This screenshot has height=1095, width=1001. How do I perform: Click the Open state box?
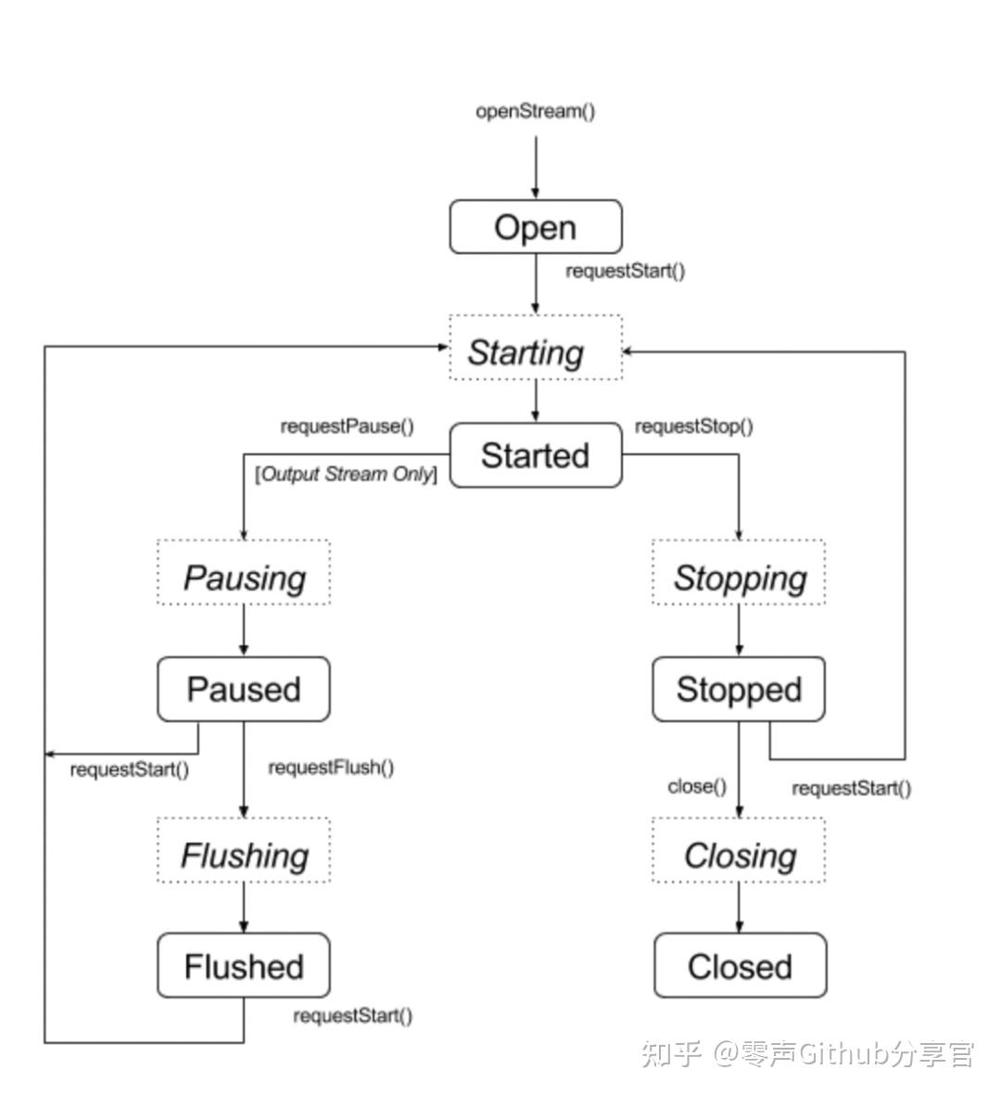click(535, 227)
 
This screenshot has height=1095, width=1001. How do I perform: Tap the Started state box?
click(535, 455)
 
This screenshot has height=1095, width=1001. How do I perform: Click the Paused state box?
click(244, 690)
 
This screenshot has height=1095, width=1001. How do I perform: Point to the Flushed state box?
click(244, 966)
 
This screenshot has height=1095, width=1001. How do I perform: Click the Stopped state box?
click(739, 690)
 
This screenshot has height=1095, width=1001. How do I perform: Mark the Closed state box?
click(740, 966)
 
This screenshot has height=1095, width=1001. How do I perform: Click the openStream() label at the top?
click(535, 111)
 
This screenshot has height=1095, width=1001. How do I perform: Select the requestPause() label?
click(347, 427)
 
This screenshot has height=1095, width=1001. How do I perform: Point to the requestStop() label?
click(693, 427)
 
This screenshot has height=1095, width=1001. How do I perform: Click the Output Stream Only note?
click(346, 474)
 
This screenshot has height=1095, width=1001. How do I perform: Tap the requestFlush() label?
click(331, 768)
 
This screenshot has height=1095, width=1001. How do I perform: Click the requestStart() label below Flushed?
click(352, 1015)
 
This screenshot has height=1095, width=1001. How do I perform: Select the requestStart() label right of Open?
click(625, 272)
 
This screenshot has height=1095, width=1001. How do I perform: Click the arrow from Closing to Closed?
click(739, 908)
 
